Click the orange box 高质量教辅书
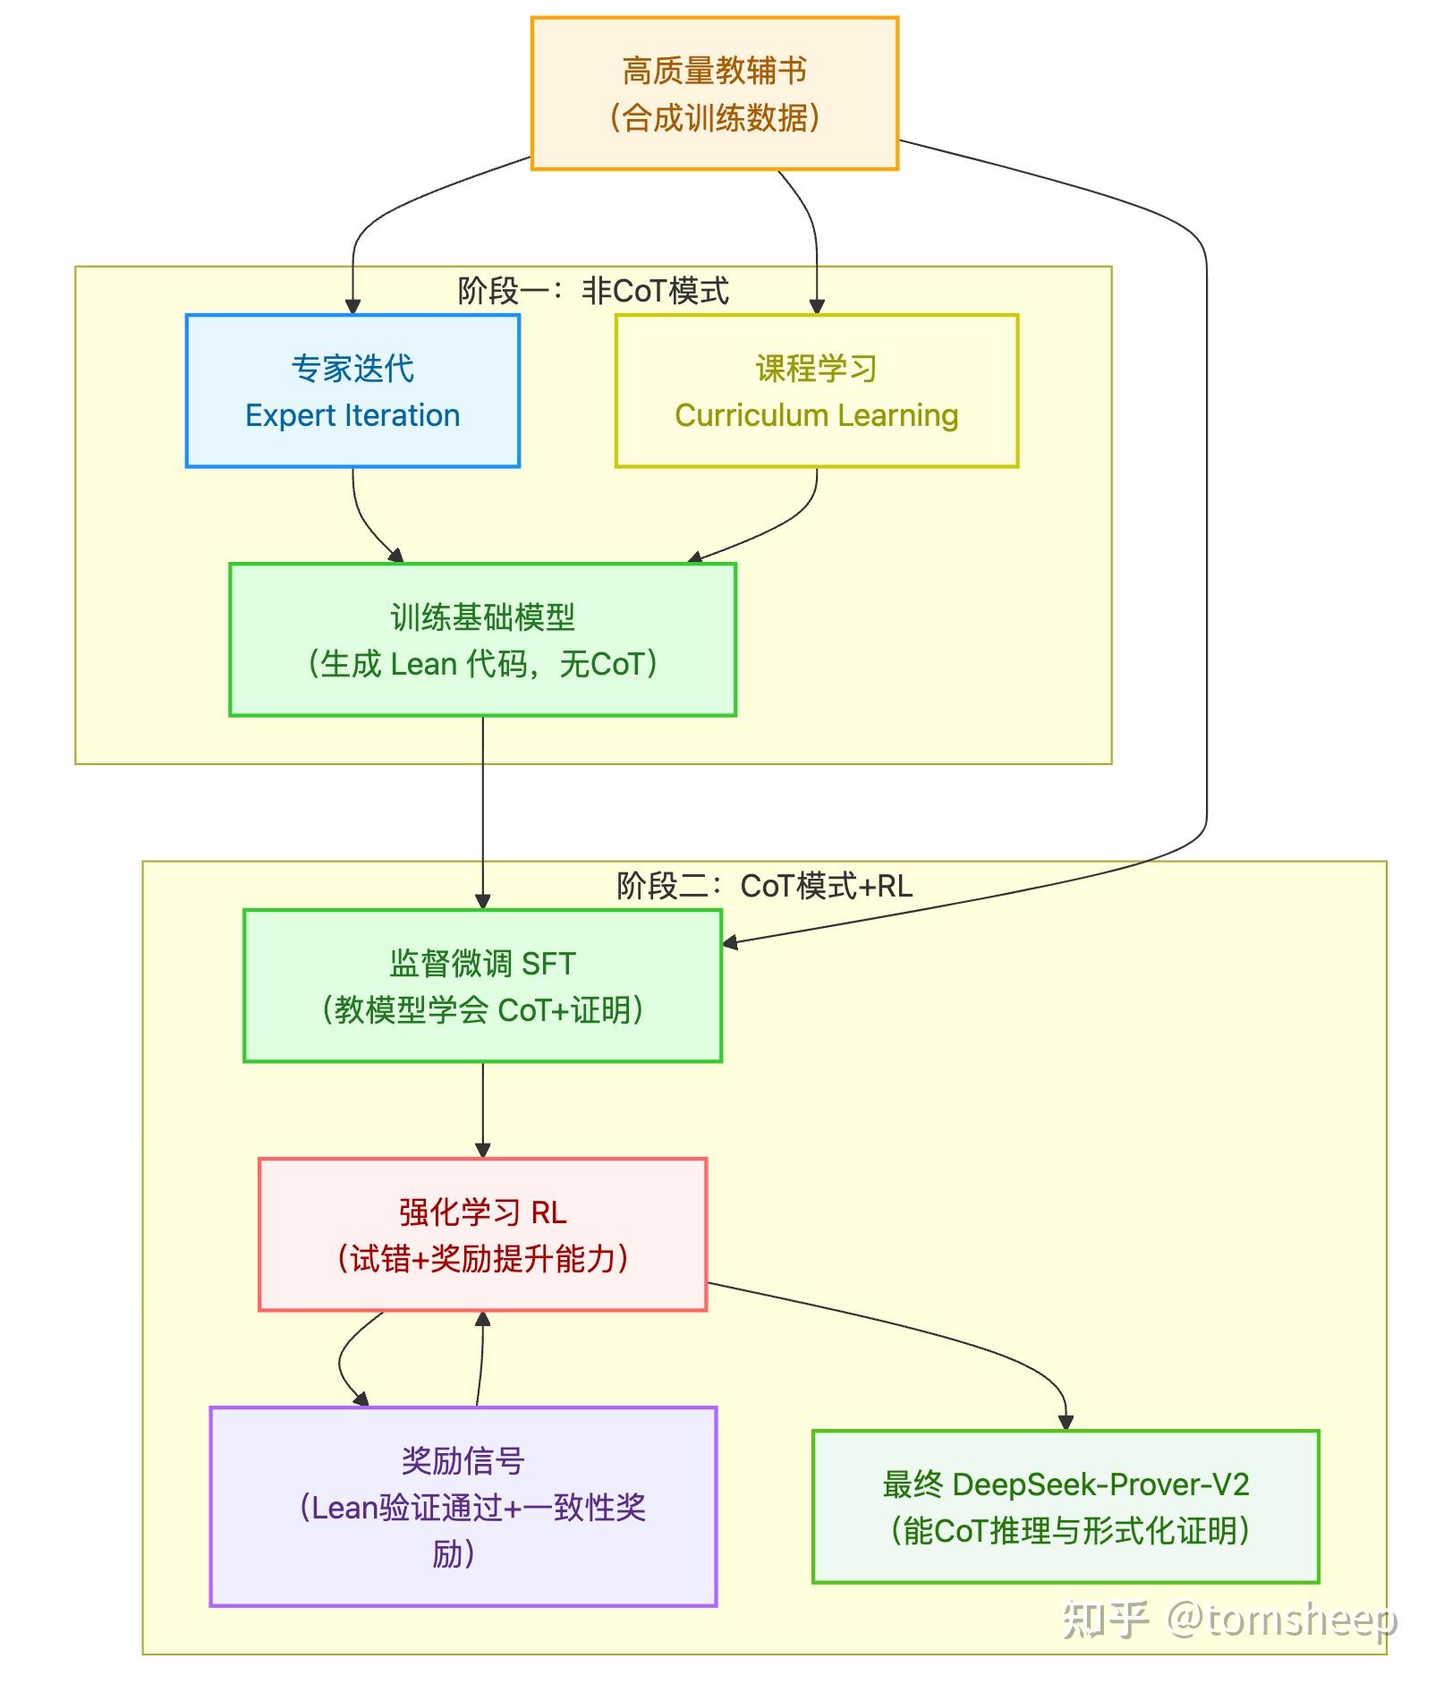click(715, 93)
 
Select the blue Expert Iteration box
click(352, 391)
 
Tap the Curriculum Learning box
click(817, 391)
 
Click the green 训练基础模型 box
click(483, 640)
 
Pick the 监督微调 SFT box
click(483, 986)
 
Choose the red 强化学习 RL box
click(483, 1235)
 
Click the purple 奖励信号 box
click(463, 1507)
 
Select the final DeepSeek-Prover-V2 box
click(1066, 1507)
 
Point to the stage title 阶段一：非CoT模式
click(593, 291)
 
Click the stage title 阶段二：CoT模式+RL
click(765, 886)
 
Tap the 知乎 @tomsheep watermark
click(1229, 1619)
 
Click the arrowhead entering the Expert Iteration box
click(352, 306)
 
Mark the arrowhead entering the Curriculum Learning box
click(817, 306)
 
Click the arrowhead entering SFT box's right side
click(730, 941)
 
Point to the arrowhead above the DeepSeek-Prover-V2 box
click(1066, 1422)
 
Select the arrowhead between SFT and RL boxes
click(483, 1150)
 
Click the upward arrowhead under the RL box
click(483, 1319)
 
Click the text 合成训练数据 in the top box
click(715, 118)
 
